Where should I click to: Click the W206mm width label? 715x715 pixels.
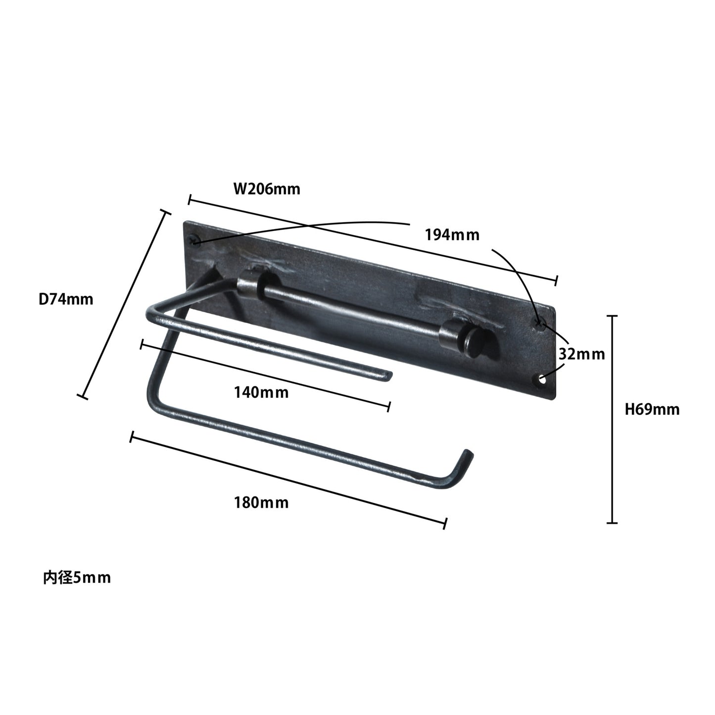267,189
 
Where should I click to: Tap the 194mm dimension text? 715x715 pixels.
452,235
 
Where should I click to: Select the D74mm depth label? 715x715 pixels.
66,299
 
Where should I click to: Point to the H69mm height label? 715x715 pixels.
652,409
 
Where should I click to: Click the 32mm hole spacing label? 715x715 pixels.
582,354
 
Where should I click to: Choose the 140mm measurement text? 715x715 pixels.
261,392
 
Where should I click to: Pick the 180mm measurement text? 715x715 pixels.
261,503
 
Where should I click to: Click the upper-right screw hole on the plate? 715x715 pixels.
539,322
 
